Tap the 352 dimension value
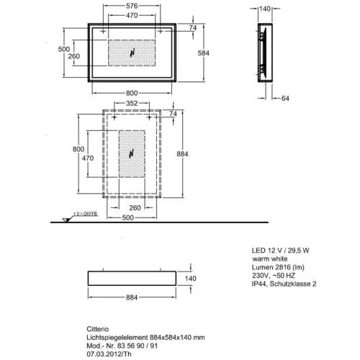tap(130, 103)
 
